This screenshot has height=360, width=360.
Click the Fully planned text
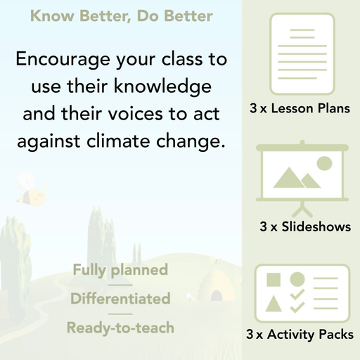120,269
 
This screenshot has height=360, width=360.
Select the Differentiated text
120,298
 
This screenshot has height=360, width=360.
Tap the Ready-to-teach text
120,327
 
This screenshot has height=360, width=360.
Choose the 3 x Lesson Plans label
300,109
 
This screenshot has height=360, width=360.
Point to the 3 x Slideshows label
305,227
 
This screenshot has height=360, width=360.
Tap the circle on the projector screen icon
323,164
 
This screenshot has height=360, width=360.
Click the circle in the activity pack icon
297,280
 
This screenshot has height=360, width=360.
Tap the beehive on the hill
217,285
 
